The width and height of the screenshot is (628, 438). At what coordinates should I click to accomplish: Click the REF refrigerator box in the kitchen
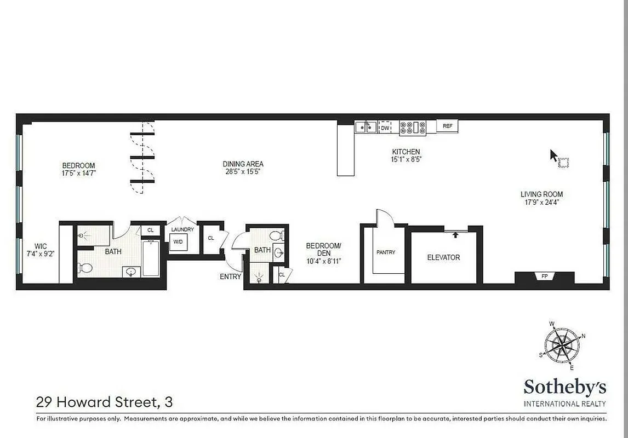point(447,126)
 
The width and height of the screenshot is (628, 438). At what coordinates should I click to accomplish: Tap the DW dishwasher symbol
point(385,127)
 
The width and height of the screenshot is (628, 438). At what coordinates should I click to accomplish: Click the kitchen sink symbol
point(366,127)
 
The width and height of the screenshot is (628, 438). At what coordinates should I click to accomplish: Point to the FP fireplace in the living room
point(544,276)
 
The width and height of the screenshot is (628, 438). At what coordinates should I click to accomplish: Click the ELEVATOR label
point(443,257)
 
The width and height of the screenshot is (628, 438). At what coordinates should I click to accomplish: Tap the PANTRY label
point(386,252)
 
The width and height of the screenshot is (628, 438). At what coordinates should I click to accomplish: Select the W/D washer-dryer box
point(178,241)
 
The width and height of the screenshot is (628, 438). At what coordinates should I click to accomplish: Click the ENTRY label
point(230,276)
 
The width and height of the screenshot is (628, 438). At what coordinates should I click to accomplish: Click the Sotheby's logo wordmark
point(565,388)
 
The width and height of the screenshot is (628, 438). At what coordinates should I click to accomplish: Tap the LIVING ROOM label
point(541,194)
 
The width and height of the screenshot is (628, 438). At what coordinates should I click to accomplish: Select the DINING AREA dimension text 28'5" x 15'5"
point(243,172)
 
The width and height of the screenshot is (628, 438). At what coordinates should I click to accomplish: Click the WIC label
point(41,246)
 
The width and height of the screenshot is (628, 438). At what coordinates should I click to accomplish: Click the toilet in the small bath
point(277,236)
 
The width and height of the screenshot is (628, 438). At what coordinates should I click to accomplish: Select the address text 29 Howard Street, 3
point(104,402)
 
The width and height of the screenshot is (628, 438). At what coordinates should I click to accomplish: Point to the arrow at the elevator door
point(455,235)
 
